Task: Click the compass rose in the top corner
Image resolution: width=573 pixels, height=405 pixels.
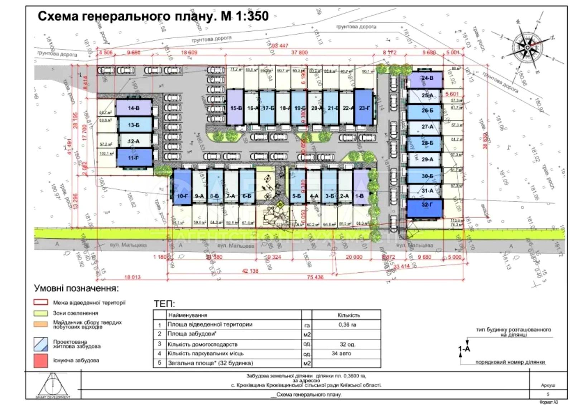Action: click(x=528, y=47)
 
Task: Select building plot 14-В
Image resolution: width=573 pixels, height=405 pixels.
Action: click(x=134, y=108)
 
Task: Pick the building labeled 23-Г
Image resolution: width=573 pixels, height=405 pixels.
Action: click(x=364, y=107)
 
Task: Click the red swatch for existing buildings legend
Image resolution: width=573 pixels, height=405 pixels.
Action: click(x=40, y=360)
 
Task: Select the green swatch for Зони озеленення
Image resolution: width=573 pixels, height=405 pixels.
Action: click(x=40, y=313)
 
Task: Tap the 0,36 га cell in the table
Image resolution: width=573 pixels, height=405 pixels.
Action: click(x=347, y=325)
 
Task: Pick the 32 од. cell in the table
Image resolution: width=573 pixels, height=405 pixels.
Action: click(x=347, y=344)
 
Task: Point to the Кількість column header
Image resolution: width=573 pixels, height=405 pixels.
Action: click(x=348, y=315)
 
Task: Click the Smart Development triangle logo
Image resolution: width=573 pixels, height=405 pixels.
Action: click(x=53, y=385)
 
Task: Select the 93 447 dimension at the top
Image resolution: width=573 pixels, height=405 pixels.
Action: click(x=280, y=46)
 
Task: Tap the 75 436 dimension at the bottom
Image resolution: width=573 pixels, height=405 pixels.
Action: click(x=315, y=277)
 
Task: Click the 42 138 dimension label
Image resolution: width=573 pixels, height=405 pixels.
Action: click(x=250, y=271)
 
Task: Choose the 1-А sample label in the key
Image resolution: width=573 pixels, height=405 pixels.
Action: click(x=464, y=349)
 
